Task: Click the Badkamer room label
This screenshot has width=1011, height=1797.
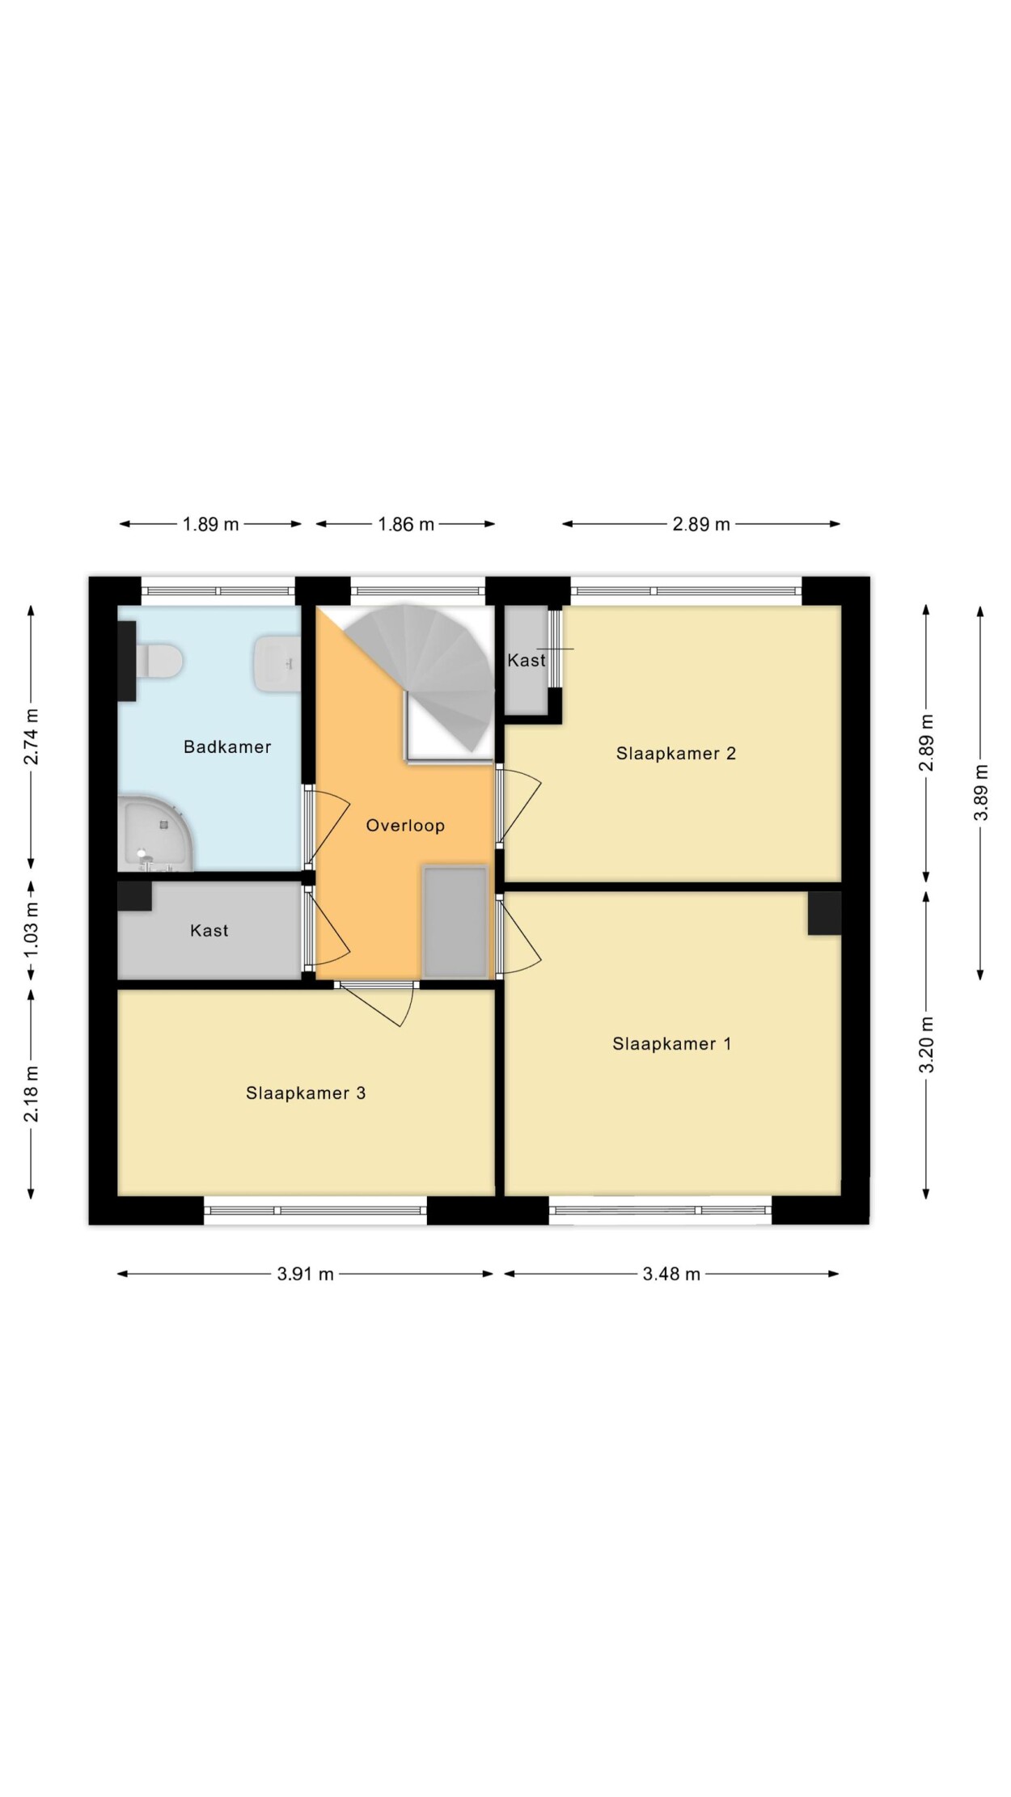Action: point(227,746)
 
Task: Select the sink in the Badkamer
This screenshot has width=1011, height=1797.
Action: point(277,664)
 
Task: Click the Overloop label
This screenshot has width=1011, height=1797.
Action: point(405,826)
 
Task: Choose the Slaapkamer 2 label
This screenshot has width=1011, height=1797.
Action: point(676,754)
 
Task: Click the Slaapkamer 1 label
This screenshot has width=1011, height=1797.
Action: point(672,1044)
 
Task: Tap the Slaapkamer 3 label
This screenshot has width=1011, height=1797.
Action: point(306,1093)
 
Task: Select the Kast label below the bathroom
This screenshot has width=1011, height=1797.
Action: point(209,931)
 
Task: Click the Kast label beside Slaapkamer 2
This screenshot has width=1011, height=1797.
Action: point(527,661)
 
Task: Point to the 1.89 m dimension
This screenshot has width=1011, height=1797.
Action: point(210,524)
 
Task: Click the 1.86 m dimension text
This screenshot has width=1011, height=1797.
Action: point(406,524)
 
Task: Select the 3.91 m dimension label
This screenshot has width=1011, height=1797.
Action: point(306,1274)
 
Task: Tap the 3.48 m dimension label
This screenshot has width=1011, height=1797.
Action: point(671,1274)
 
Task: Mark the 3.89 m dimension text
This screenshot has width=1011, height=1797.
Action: point(981,793)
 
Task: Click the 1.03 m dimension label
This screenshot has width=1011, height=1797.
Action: point(32,929)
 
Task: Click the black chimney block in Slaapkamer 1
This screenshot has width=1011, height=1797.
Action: point(824,913)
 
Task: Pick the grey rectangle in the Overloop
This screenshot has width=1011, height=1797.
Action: point(455,922)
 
